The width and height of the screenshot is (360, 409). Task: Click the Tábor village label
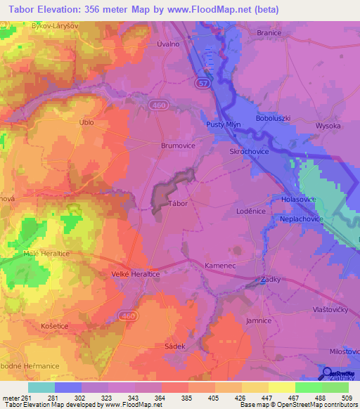coord(177,203)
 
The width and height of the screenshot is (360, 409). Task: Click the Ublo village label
coord(86,122)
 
